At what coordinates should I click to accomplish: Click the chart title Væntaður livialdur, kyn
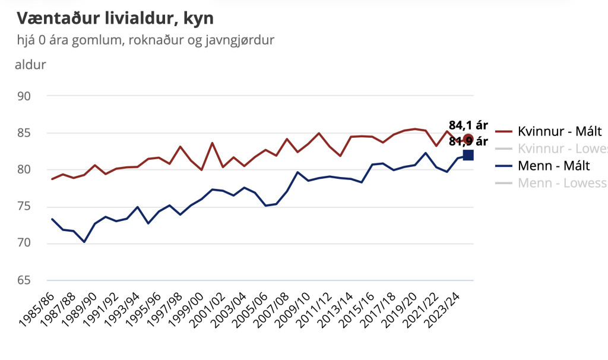pyautogui.click(x=115, y=18)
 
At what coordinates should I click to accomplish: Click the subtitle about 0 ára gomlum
pyautogui.click(x=145, y=40)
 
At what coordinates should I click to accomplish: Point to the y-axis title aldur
pyautogui.click(x=30, y=64)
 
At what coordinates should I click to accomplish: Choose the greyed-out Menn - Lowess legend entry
pyautogui.click(x=562, y=182)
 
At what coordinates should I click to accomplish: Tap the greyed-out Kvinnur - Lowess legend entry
pyautogui.click(x=562, y=149)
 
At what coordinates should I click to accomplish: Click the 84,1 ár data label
pyautogui.click(x=468, y=125)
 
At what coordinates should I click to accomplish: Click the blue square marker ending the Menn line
pyautogui.click(x=468, y=155)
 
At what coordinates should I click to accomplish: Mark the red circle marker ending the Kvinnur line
pyautogui.click(x=468, y=139)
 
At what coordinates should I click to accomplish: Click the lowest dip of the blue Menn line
pyautogui.click(x=84, y=242)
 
